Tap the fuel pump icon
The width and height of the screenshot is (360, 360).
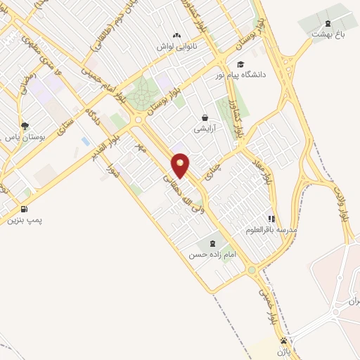tap(25, 209)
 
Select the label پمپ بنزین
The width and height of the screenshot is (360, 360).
tap(25, 221)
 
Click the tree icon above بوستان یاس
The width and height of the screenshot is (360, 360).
tap(25, 127)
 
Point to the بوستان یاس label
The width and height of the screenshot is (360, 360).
tap(25, 139)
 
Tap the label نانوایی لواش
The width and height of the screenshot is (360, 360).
tap(176, 46)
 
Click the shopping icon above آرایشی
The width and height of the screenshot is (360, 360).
tap(205, 118)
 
